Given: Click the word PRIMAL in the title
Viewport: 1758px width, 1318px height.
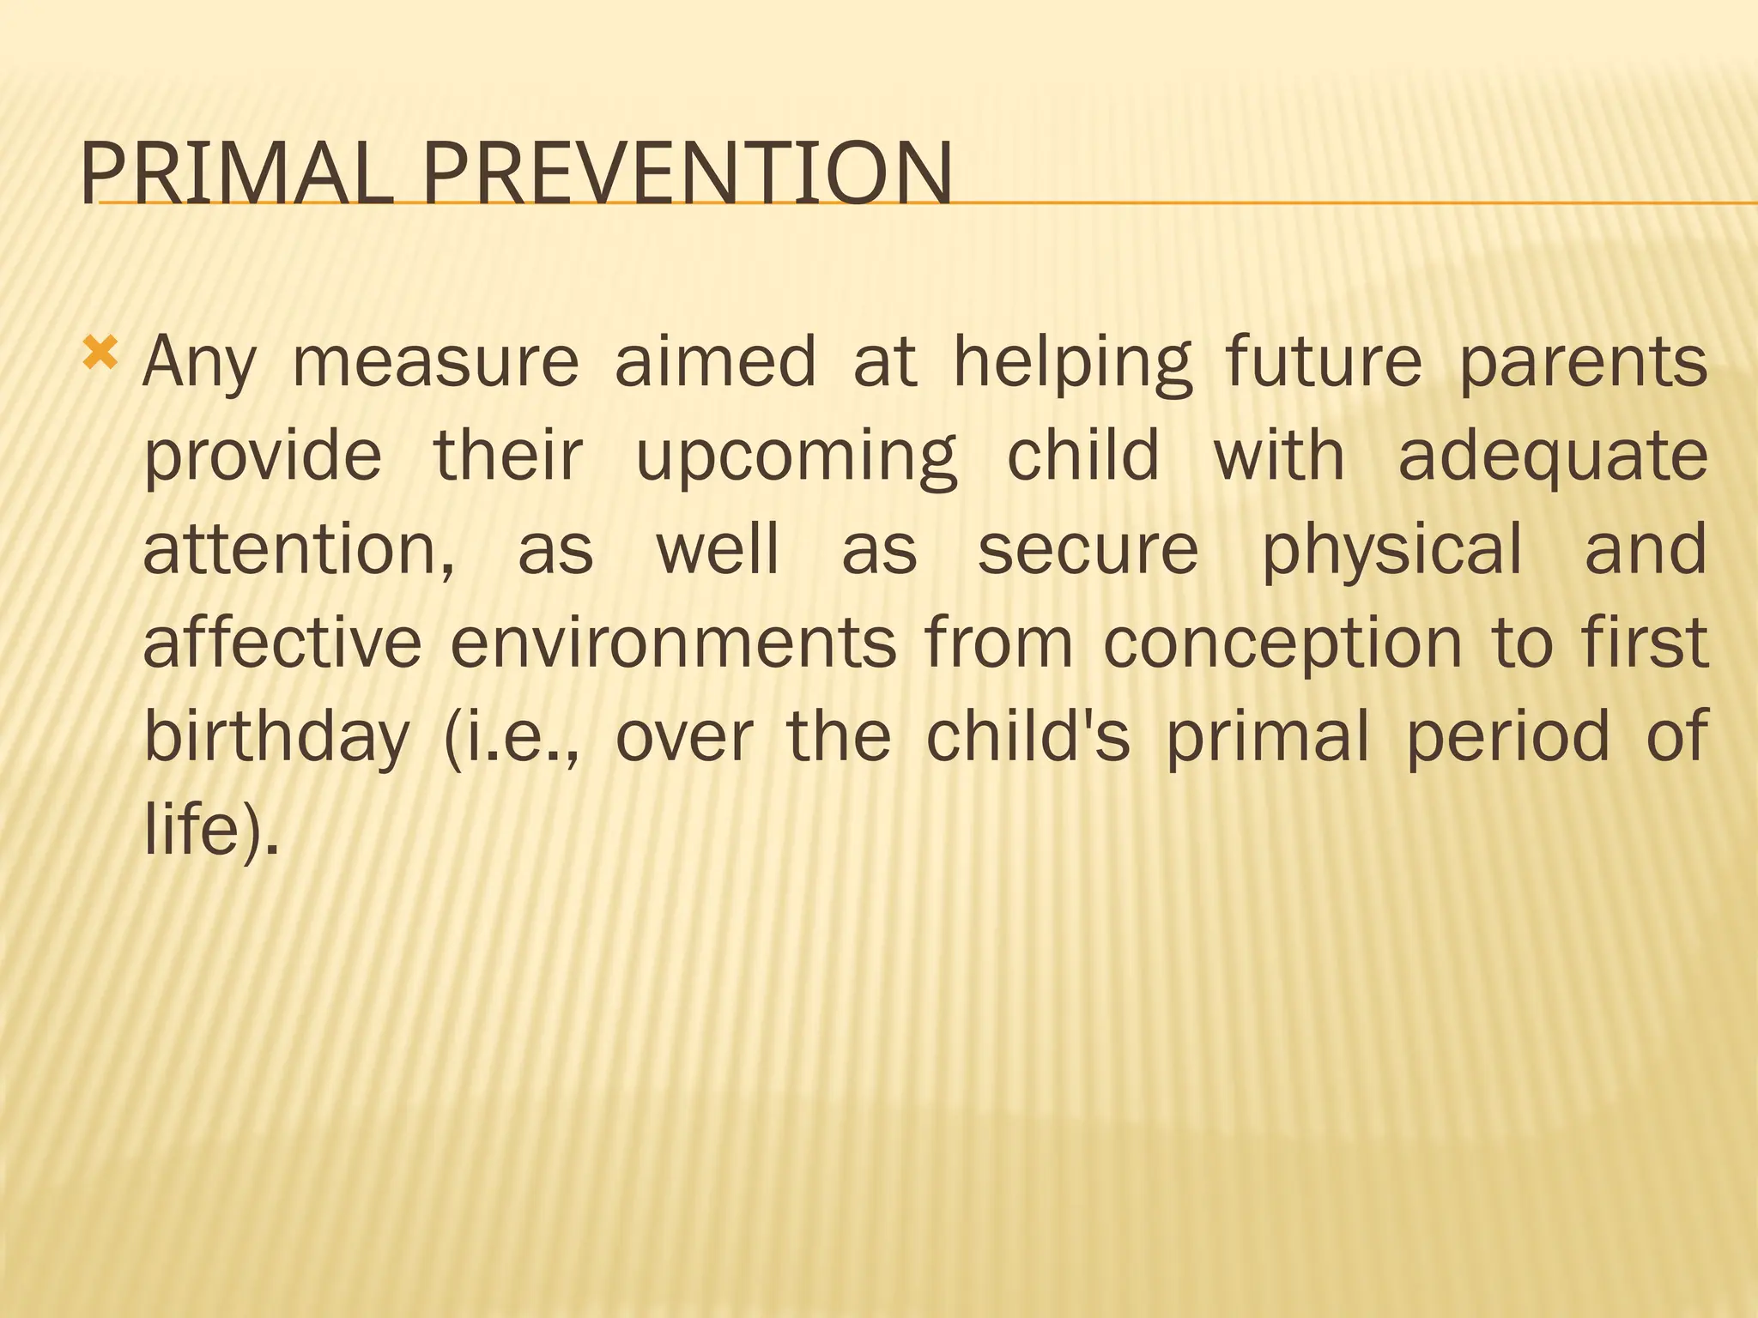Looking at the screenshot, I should pyautogui.click(x=236, y=174).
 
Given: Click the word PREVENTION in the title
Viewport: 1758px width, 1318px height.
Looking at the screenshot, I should pyautogui.click(x=687, y=174).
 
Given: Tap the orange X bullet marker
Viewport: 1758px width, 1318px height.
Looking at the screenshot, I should pyautogui.click(x=100, y=353).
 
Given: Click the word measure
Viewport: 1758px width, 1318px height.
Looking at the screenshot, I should pyautogui.click(x=435, y=362).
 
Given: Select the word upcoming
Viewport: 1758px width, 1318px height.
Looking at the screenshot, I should pyautogui.click(x=796, y=456).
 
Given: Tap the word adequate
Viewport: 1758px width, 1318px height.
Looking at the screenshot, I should pyautogui.click(x=1552, y=456).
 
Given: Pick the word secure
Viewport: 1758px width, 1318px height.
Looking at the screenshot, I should pyautogui.click(x=1088, y=550).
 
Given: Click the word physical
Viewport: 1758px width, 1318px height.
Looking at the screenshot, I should pyautogui.click(x=1391, y=550).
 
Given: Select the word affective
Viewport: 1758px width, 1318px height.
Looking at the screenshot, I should pyautogui.click(x=282, y=643).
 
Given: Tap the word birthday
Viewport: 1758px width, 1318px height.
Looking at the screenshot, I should pyautogui.click(x=276, y=737).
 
